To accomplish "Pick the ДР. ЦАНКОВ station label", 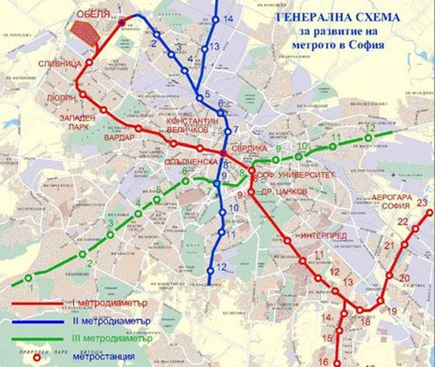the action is point(283,189).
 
